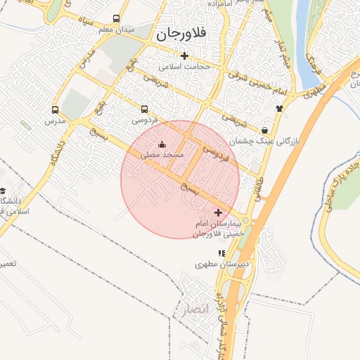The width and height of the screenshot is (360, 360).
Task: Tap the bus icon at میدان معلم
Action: (116, 19)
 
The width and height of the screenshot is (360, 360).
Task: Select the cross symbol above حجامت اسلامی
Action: (185, 56)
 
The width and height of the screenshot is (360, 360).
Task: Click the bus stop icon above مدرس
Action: (55, 110)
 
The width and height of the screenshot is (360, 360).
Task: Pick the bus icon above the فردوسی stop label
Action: (144, 110)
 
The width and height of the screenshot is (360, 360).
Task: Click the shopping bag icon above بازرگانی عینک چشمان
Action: (264, 130)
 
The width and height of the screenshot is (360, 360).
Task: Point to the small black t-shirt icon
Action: (280, 108)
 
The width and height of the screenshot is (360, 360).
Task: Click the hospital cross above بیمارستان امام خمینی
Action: (218, 212)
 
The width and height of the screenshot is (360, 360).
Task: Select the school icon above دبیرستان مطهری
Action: (222, 253)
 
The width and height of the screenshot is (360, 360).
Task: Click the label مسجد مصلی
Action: (162, 154)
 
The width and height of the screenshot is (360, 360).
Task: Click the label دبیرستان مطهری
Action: (219, 265)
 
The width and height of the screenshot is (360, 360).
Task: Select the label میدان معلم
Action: (116, 30)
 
